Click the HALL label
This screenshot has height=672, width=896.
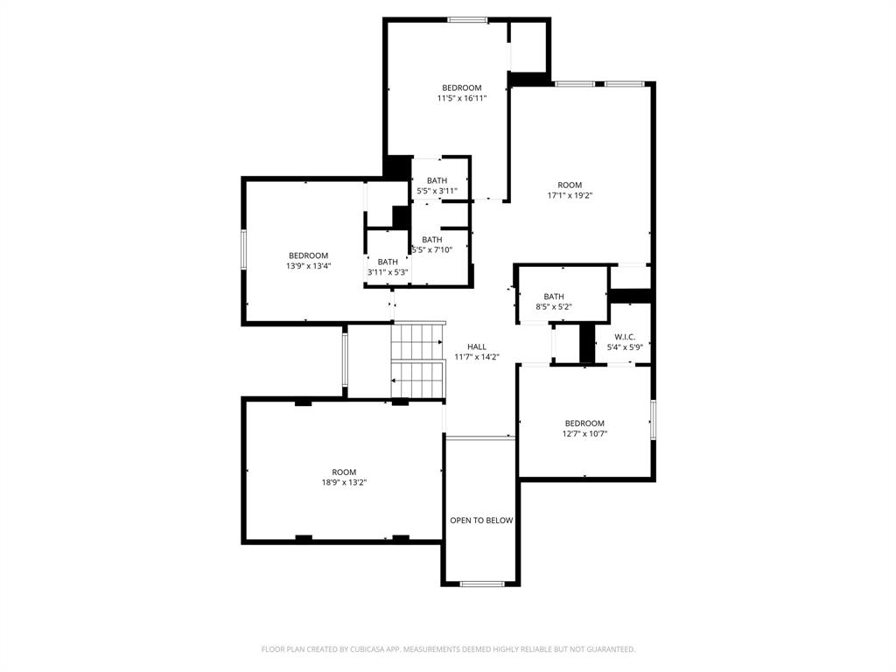coord(477,346)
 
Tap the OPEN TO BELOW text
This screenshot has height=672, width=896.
coord(481,521)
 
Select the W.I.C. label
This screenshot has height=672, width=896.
coord(625,337)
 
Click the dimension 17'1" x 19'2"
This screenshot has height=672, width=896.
coord(570,196)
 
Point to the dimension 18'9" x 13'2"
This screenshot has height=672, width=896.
coord(344,482)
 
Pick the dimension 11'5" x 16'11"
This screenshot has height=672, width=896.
coord(461,98)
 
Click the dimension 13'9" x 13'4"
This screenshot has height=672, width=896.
coord(308,266)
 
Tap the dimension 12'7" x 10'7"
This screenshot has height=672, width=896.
coord(584,433)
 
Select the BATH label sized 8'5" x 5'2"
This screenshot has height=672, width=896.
coord(554,297)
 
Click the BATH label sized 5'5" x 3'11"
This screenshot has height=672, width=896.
coord(437,181)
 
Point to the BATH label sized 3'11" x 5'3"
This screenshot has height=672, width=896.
coord(388,262)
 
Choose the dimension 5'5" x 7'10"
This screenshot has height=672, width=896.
coord(433,250)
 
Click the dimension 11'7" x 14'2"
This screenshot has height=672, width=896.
coord(477,357)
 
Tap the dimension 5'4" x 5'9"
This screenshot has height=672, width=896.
coord(625,347)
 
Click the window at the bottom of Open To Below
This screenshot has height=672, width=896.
coord(481,584)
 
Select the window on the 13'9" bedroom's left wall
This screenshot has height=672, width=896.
coord(244,249)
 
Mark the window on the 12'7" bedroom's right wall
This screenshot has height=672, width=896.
coord(653,418)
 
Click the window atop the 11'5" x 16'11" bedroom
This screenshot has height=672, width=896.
coord(467,19)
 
